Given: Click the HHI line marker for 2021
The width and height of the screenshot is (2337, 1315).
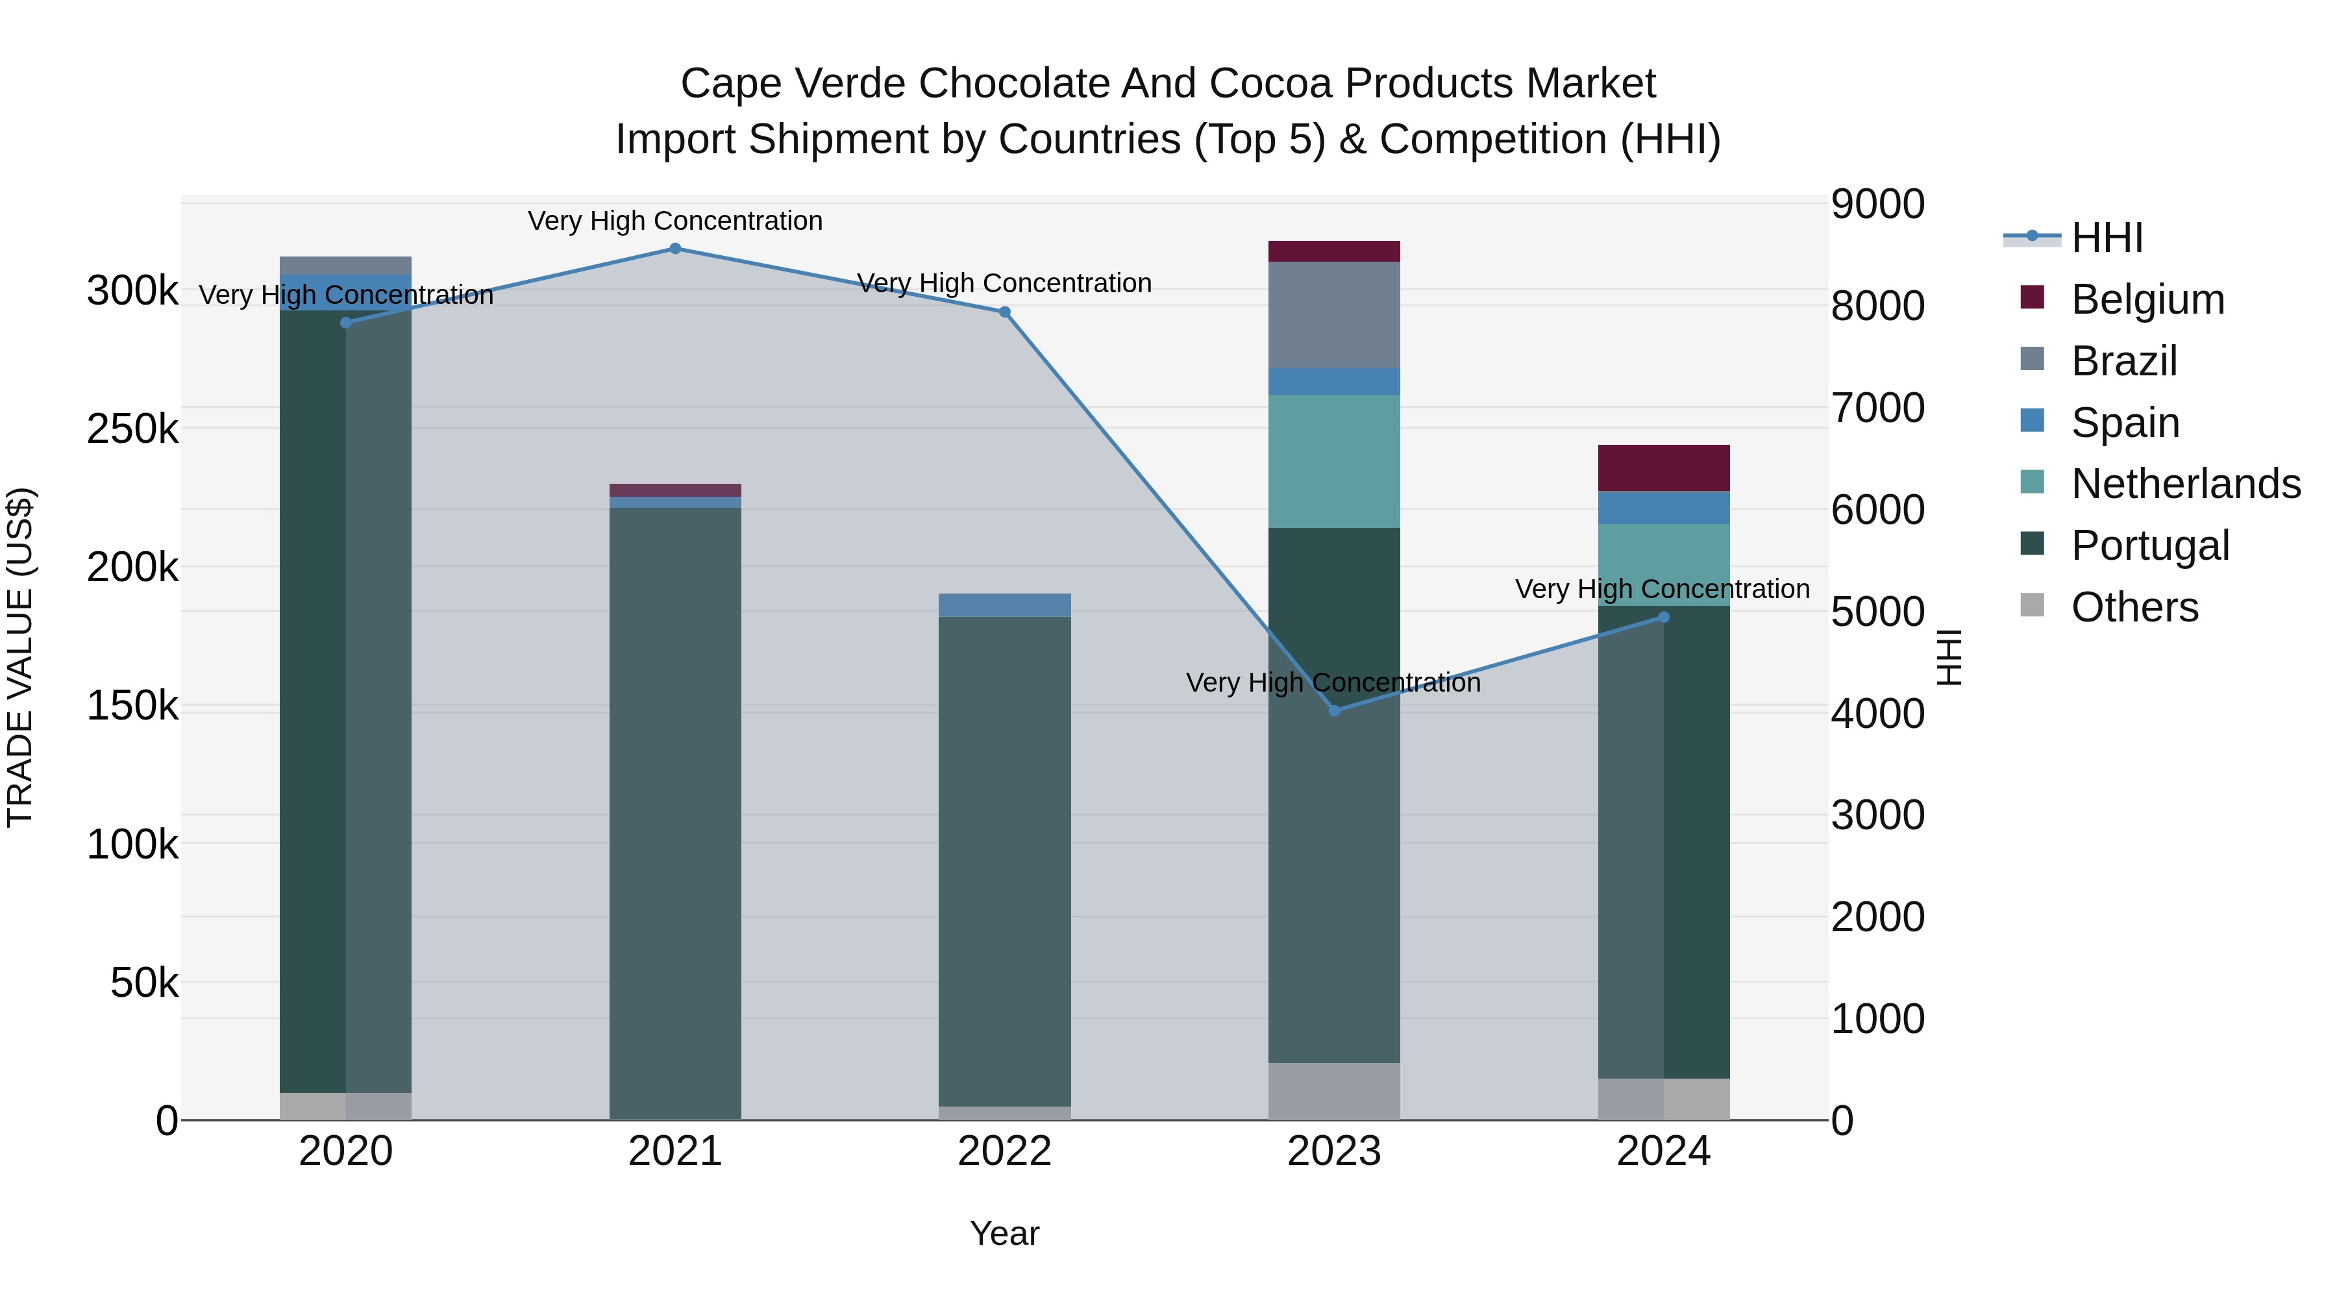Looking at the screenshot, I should tap(675, 249).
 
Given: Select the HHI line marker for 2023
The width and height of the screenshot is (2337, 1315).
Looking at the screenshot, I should tap(1333, 710).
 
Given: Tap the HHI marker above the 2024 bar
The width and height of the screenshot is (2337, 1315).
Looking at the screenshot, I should tap(1663, 617).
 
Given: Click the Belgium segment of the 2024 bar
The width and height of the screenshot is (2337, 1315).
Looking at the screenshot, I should tap(1663, 468).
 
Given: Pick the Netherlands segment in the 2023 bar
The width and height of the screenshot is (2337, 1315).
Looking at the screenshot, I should tap(1333, 461).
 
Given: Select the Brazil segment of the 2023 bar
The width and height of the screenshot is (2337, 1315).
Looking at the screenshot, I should tap(1333, 315).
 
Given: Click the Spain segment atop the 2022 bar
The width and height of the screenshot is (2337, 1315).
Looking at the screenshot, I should tap(1004, 605).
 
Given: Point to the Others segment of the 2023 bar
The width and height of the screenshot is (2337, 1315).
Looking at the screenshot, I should tap(1333, 1091).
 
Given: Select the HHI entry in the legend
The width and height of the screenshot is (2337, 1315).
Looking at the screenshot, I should tap(2107, 238).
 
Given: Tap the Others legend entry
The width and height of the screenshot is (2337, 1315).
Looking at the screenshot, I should tap(2134, 607).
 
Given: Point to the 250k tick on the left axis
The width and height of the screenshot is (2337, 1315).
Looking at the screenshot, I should tap(132, 429).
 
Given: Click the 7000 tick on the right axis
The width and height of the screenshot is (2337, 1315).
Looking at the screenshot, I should tap(1876, 407).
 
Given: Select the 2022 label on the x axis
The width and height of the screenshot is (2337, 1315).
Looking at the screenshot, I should tap(1004, 1151).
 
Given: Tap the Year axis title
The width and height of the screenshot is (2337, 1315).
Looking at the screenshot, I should tap(1004, 1233).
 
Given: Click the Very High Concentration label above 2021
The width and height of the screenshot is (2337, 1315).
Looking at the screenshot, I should tap(675, 221).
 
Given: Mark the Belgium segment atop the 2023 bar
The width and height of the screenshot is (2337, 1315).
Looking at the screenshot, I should tap(1333, 251).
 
